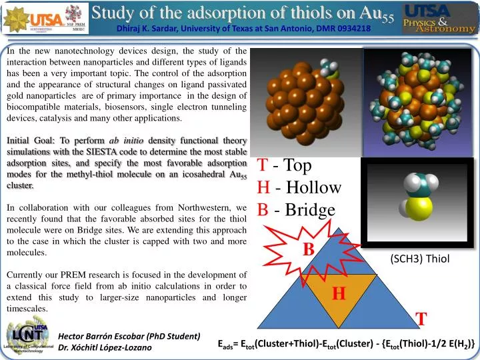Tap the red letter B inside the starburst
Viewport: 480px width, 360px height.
[x=308, y=249]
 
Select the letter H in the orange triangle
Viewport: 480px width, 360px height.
[x=338, y=293]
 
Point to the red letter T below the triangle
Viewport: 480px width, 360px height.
[x=422, y=319]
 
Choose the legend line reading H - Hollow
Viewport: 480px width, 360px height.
[x=299, y=187]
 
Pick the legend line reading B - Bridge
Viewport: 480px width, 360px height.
[x=296, y=210]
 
